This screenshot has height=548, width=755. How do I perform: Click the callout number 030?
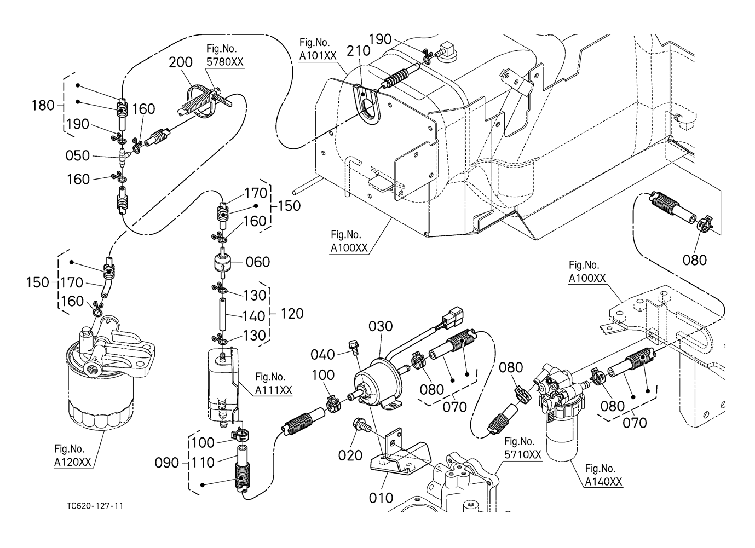(380, 326)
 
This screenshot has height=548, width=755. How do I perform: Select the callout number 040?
(322, 355)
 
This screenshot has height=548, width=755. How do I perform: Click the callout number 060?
(257, 262)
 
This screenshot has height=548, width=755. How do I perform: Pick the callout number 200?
(180, 62)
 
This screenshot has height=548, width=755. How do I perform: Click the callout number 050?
(77, 156)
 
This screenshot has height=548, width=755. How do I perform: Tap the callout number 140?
(253, 316)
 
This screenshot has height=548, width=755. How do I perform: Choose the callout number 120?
(291, 314)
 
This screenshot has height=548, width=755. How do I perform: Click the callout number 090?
(166, 463)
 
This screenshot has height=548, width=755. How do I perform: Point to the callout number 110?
(203, 463)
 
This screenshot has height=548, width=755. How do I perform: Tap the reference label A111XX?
(273, 390)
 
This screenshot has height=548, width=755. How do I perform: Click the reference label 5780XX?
(224, 62)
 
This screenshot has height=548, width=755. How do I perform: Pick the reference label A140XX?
(603, 482)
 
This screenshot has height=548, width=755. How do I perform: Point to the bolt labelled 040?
(353, 347)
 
